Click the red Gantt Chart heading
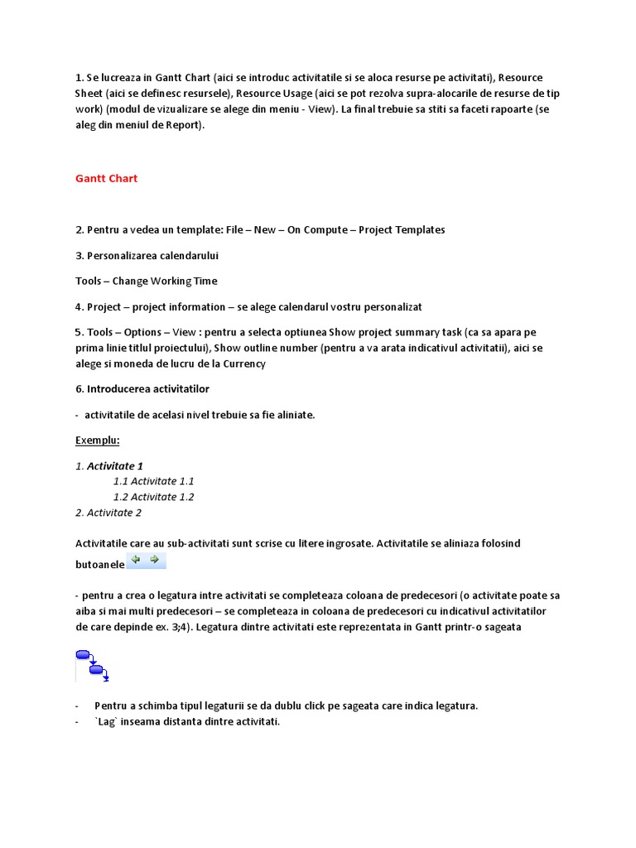(x=106, y=178)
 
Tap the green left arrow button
(x=137, y=561)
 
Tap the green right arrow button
(x=154, y=561)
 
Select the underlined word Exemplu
(x=97, y=440)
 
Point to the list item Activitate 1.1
(x=153, y=481)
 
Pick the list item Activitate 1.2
(x=153, y=497)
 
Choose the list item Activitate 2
(x=108, y=513)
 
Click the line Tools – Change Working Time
(x=146, y=281)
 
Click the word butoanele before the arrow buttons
(x=99, y=564)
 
